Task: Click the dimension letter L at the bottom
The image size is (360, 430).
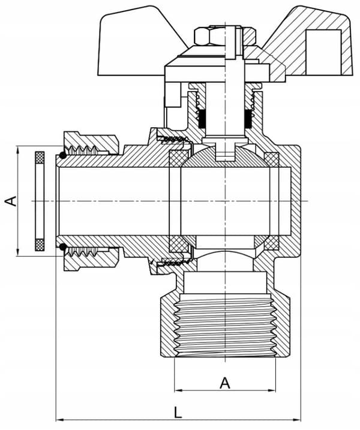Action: tap(178, 412)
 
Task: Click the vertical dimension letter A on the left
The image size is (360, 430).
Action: tap(11, 201)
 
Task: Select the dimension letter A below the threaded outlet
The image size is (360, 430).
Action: tap(225, 383)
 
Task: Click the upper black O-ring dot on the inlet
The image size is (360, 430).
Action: tap(63, 155)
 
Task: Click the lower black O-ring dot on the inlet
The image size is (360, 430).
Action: tap(63, 247)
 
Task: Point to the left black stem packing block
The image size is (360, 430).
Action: tap(202, 119)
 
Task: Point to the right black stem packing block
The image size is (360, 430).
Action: tap(248, 119)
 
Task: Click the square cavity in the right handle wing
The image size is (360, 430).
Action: tap(323, 52)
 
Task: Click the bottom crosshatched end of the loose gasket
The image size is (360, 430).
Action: tap(40, 245)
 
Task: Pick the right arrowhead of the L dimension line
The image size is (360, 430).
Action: tap(297, 420)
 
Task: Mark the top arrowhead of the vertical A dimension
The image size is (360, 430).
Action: tap(18, 151)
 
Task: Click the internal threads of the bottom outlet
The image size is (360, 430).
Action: tap(225, 326)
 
